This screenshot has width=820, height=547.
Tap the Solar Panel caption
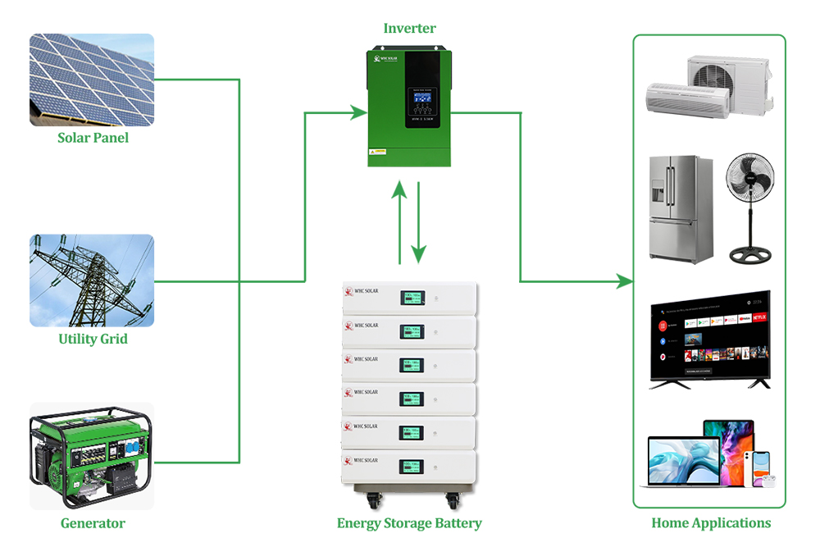pos(93,138)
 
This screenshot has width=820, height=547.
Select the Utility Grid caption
pos(93,339)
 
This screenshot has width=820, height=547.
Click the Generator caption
pos(93,523)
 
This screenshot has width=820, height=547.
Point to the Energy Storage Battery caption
pos(409,523)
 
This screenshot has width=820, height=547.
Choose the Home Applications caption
pos(711,523)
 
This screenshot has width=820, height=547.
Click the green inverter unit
pos(408,107)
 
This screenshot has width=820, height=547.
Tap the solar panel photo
pos(92,80)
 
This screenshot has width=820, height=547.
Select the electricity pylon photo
pos(92,280)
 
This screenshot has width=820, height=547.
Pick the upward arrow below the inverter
pos(399,221)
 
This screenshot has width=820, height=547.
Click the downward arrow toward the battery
pos(419,221)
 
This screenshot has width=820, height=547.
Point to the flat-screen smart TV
pos(710,338)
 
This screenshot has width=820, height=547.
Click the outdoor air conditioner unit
pos(728,82)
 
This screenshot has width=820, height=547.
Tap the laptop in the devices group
pos(683,463)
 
